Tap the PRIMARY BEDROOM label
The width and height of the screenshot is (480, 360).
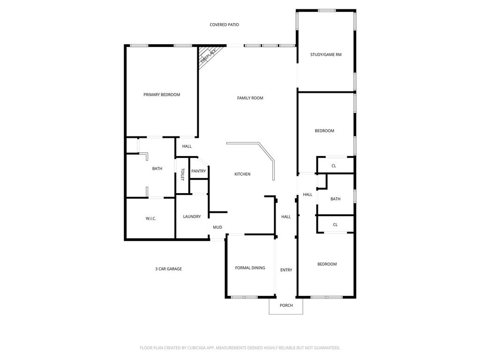point(162,95)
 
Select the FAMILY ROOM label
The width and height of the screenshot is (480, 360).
point(250,98)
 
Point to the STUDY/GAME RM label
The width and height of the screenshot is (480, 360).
point(326,54)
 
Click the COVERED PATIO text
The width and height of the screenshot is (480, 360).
point(224,24)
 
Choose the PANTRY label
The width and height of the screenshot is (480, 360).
point(198,171)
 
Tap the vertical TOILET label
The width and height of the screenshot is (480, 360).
point(182,174)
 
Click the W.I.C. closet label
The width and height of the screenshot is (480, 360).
point(150,218)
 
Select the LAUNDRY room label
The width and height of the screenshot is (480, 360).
point(192,217)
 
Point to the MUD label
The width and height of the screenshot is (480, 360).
point(217,227)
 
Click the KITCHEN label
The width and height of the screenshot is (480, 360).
point(242,174)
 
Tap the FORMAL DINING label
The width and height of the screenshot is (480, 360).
point(250,268)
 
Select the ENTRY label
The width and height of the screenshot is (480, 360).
point(286,270)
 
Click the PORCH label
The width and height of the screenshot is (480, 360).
point(286,305)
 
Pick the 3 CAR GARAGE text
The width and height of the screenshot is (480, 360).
point(168,269)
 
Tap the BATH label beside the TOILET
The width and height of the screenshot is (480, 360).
point(157,168)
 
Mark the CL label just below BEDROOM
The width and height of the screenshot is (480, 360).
point(334,165)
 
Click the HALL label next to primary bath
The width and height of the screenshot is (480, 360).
point(187,146)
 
